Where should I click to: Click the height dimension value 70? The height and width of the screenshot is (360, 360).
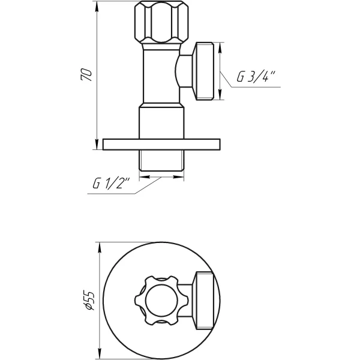(88, 74)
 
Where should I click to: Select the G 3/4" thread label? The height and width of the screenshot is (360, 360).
(255, 77)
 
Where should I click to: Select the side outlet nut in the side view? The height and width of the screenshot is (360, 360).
(205, 71)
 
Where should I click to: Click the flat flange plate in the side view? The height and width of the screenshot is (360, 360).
(161, 144)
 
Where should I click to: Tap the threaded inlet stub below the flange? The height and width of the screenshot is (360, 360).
(161, 162)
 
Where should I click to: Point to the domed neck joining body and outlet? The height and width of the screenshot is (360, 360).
(181, 71)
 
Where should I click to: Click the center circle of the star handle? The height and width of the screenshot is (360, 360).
(161, 298)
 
